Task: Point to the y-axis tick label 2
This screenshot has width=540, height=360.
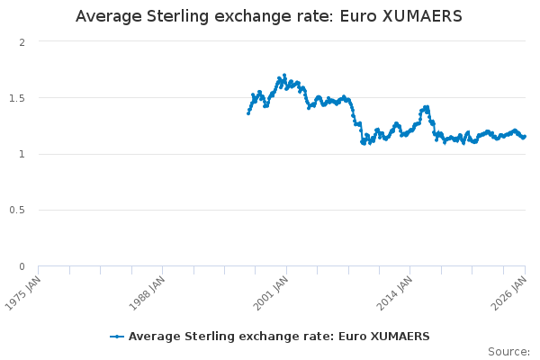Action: click(x=22, y=42)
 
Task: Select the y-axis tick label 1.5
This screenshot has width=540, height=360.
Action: click(x=17, y=98)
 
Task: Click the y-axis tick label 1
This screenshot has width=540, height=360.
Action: click(x=22, y=154)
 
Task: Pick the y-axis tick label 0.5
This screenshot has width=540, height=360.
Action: click(x=17, y=211)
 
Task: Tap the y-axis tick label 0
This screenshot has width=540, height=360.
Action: click(x=22, y=266)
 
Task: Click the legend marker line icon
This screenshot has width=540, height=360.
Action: click(x=117, y=337)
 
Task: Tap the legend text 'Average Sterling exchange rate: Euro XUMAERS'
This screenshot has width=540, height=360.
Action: click(x=279, y=337)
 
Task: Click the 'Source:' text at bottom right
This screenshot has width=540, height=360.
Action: click(x=508, y=351)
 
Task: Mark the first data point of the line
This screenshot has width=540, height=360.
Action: click(x=248, y=113)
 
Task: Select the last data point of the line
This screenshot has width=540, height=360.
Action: click(x=525, y=137)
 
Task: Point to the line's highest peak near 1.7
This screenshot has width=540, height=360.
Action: click(x=284, y=76)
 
